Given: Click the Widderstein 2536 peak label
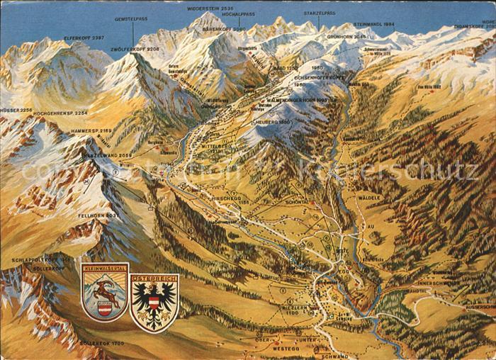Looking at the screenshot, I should pyautogui.click(x=208, y=8).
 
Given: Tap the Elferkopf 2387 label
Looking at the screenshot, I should pyautogui.click(x=84, y=37).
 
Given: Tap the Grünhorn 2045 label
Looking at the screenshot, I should pyautogui.click(x=346, y=35).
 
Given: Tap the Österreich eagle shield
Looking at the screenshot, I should pyautogui.click(x=154, y=301).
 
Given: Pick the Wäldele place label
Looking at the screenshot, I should pyautogui.click(x=368, y=198).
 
